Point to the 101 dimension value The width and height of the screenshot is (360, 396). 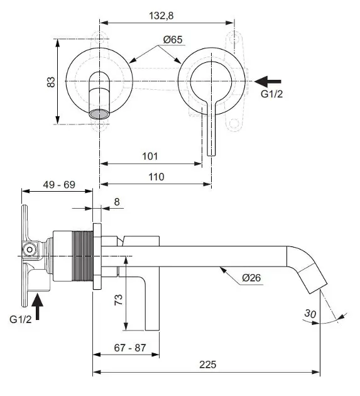point(150,155)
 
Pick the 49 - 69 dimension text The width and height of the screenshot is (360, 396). point(60,185)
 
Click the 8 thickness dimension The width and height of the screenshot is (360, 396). point(117,202)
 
